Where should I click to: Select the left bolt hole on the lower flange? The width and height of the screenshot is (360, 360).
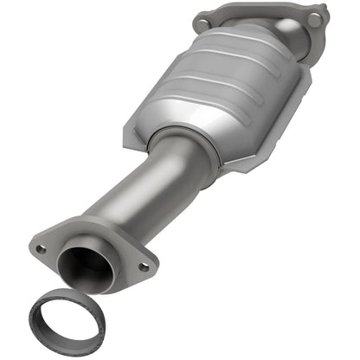[x=41, y=249]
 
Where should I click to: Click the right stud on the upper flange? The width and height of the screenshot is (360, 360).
[x=314, y=17]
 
